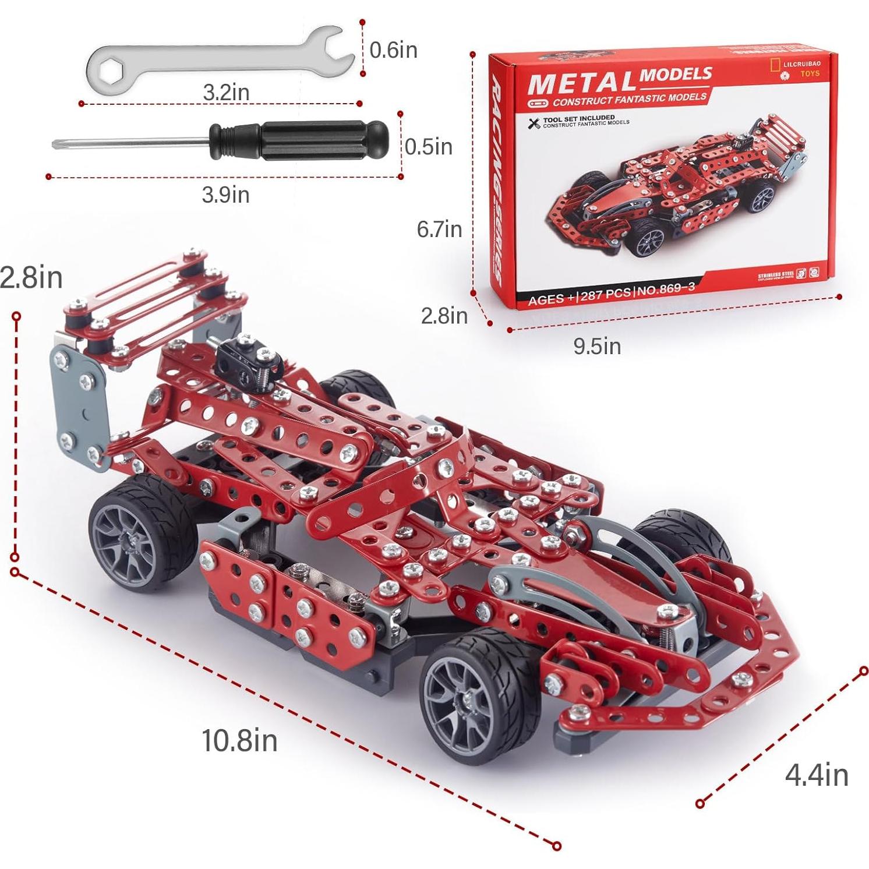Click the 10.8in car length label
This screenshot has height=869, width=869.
(x=239, y=741)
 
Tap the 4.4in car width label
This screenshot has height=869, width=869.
(x=817, y=775)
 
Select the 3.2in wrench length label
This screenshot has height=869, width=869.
(x=226, y=92)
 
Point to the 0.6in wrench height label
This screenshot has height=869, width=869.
(x=393, y=50)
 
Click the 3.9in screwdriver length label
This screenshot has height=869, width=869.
(x=225, y=195)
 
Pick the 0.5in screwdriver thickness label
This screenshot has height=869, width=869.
(x=428, y=147)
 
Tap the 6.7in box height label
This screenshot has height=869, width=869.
(x=439, y=229)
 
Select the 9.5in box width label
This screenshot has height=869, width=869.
(x=597, y=346)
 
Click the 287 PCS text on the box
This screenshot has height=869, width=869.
(x=606, y=294)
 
